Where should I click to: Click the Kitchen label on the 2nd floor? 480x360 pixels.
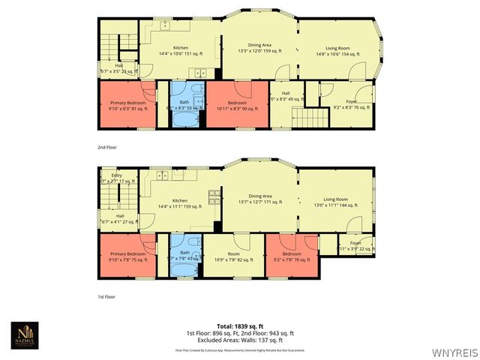pos(180,48)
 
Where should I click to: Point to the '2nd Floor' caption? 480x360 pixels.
pos(108,147)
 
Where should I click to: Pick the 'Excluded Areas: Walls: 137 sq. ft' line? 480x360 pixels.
pos(240,339)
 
